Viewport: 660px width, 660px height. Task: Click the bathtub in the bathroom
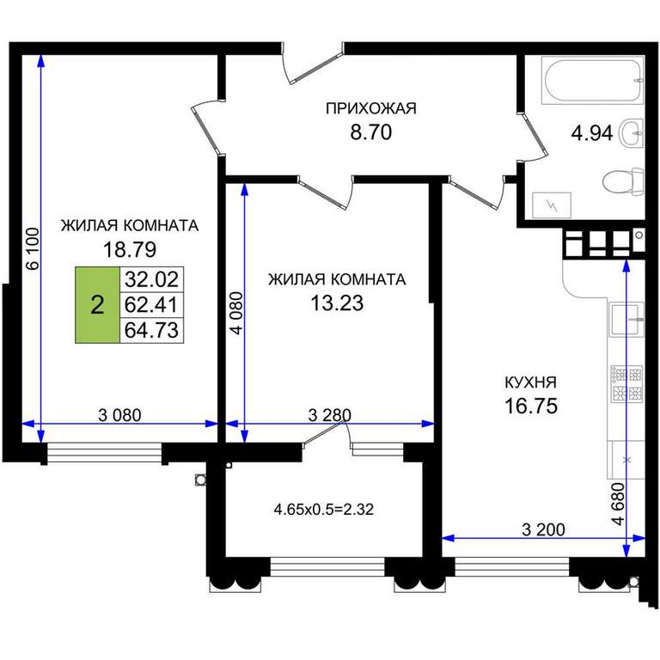click(x=593, y=81)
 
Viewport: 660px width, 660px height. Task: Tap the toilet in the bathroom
click(x=623, y=181)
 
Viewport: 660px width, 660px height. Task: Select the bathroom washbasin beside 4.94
click(x=632, y=132)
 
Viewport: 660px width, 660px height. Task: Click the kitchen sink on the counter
click(x=626, y=319)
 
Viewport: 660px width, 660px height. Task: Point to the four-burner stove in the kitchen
click(x=626, y=382)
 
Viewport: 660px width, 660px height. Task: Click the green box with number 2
click(x=98, y=305)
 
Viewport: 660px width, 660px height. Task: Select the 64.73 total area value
click(x=151, y=330)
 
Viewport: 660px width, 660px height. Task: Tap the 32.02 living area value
click(x=151, y=279)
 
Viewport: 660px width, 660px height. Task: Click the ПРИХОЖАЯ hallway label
click(x=371, y=108)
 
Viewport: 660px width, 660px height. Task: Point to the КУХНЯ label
click(x=530, y=382)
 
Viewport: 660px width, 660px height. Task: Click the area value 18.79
click(x=130, y=249)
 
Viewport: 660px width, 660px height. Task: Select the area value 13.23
click(x=337, y=302)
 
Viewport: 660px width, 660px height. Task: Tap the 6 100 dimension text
click(x=33, y=247)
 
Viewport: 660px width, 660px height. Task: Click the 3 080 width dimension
click(x=119, y=415)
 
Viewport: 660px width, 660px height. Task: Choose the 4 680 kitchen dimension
click(x=618, y=504)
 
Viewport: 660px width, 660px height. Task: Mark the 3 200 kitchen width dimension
click(x=543, y=529)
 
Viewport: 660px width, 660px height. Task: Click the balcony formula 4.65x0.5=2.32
click(x=324, y=510)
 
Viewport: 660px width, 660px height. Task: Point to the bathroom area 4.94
click(x=592, y=133)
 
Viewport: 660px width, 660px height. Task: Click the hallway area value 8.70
click(x=371, y=131)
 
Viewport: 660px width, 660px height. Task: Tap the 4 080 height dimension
click(x=237, y=313)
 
